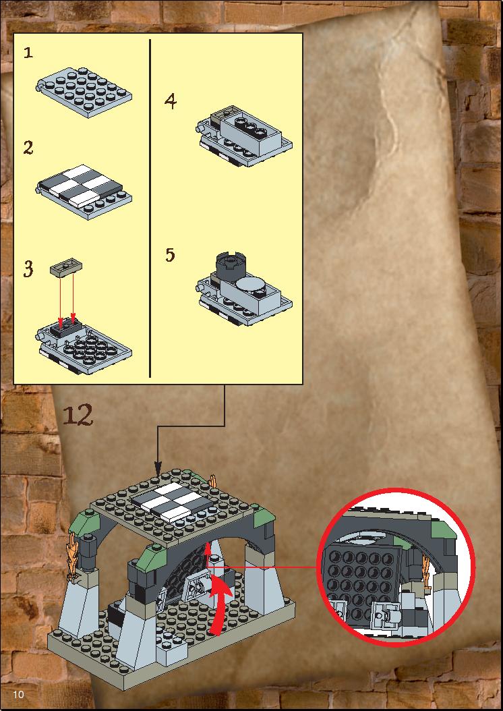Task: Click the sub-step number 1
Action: click(28, 53)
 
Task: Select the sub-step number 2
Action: click(28, 147)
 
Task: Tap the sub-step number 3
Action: click(28, 268)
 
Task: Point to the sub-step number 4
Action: click(171, 101)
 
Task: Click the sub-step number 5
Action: click(170, 255)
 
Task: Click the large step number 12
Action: click(78, 414)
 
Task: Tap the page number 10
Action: click(19, 694)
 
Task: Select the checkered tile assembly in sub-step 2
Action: click(82, 184)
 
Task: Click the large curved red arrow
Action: click(220, 605)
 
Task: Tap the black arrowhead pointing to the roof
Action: click(158, 468)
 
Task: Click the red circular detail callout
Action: click(396, 567)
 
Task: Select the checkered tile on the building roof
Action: click(169, 501)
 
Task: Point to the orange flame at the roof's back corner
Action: click(213, 480)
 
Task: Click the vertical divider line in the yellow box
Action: click(150, 208)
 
